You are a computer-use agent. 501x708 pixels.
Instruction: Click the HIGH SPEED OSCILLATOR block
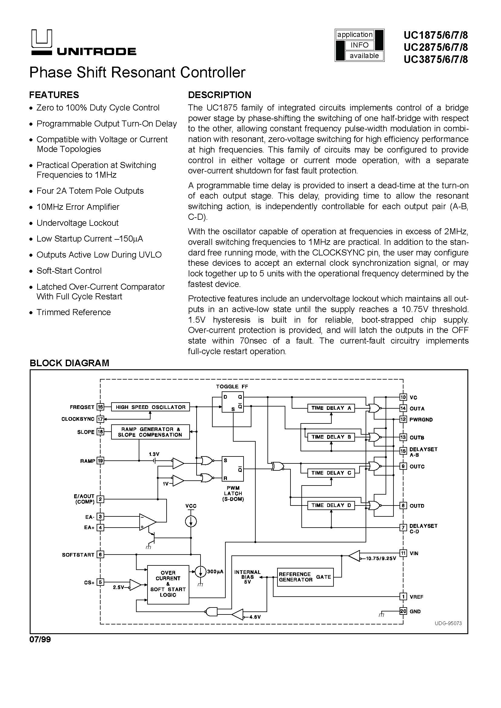151,407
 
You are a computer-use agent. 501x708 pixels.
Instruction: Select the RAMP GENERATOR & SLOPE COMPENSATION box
151,432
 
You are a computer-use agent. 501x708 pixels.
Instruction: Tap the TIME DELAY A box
331,408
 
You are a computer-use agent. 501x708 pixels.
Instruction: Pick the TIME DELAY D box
331,505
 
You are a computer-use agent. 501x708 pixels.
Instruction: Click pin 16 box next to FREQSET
100,407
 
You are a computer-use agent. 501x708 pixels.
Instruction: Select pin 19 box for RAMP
100,461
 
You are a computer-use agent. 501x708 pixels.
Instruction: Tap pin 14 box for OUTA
403,408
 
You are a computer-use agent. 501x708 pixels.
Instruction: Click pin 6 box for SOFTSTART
100,555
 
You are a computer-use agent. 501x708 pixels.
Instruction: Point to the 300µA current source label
215,571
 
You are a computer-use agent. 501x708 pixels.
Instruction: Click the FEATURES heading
54,95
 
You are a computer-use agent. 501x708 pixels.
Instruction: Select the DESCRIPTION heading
220,95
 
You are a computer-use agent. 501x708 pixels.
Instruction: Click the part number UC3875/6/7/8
436,59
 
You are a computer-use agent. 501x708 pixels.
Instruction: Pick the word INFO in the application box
360,45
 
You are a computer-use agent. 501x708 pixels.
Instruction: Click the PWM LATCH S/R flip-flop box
233,469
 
